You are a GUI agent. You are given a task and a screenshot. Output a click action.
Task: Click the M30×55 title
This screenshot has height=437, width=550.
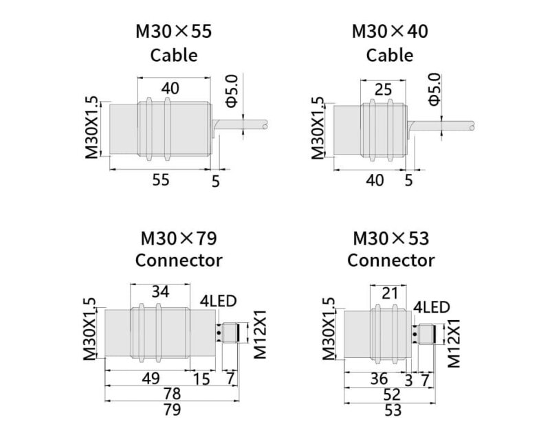pos(174,31)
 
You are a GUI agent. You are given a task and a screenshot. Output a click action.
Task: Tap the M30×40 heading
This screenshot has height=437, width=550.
pos(390,31)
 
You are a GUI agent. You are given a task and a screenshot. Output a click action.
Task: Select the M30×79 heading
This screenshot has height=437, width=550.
pos(179,238)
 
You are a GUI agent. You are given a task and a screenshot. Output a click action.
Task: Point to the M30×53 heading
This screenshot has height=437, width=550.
pos(390,238)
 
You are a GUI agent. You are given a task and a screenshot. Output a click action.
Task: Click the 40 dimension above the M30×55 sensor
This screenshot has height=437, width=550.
pos(170,89)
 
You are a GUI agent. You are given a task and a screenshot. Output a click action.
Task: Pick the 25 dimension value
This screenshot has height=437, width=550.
pos(383,90)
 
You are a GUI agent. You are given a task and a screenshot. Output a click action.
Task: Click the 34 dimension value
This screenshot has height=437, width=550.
pos(160,291)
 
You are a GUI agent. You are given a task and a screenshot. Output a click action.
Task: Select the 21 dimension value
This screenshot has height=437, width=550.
pos(389,293)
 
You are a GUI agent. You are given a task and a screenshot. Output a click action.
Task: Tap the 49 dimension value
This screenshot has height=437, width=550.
pos(151,379)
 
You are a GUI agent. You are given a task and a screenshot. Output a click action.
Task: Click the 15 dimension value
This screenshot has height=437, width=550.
pos(201,379)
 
